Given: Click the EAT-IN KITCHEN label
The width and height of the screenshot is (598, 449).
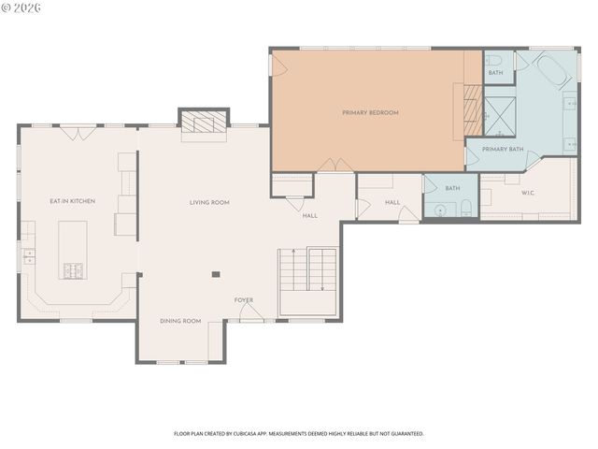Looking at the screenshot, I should (72, 201).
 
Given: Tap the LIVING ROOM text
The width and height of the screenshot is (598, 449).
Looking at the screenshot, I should (209, 202).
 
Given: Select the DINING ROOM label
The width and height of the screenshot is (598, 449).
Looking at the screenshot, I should (180, 321).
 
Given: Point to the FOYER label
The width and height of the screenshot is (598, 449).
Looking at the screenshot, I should (244, 300).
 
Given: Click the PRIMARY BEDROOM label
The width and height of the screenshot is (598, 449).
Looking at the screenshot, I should (370, 112).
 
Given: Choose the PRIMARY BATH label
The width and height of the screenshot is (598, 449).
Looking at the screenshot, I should (502, 149).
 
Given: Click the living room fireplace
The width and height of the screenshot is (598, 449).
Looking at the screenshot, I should (203, 122).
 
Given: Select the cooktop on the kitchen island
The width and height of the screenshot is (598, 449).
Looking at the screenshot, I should (74, 271).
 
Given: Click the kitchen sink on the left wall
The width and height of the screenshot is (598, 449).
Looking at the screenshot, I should (28, 253).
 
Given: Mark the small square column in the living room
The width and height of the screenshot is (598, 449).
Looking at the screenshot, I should (216, 274).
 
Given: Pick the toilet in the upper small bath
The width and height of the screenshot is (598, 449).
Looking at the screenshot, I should (494, 59).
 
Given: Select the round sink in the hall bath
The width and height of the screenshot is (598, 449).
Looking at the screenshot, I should (440, 209).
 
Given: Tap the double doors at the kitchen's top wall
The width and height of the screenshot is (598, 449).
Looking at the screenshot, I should (78, 133).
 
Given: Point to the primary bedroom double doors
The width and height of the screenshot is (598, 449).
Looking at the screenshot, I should (335, 166).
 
